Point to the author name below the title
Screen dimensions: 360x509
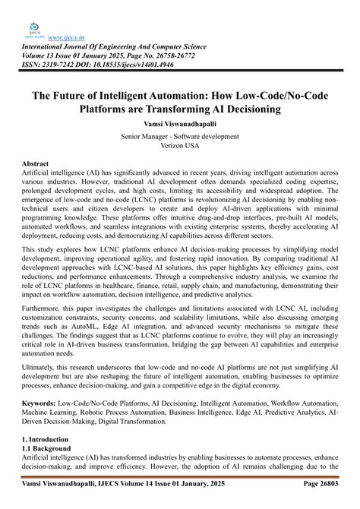tap(179, 122)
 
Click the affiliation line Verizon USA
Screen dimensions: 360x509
tap(179, 147)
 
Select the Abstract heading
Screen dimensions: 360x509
tap(36, 164)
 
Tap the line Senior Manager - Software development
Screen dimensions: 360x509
tap(179, 137)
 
